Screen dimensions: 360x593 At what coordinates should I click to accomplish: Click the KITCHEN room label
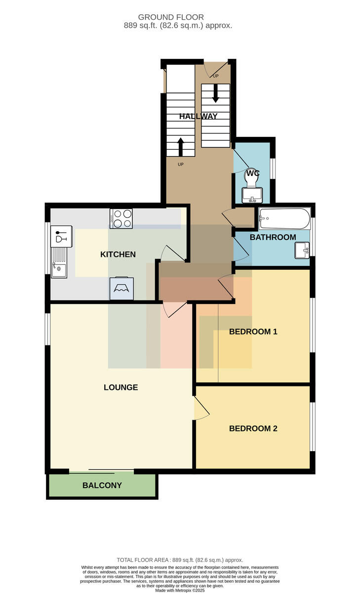point(118,254)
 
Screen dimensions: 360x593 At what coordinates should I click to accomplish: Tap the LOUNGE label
point(120,387)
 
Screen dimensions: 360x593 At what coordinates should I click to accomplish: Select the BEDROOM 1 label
point(253,332)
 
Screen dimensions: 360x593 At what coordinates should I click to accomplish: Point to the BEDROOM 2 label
point(253,428)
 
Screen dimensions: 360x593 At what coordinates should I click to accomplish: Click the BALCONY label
point(102,485)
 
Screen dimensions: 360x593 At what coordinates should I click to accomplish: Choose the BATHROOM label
point(273,237)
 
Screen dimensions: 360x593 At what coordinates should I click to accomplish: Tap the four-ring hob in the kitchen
point(121,218)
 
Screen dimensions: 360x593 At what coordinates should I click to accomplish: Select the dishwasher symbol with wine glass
point(61,236)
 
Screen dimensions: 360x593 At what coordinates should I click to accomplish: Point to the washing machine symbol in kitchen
point(121,288)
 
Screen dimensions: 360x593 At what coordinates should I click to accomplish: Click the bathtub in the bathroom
point(284,219)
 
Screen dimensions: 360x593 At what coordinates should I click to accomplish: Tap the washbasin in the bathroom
point(302,250)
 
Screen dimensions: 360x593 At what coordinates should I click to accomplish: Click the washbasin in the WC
point(252,195)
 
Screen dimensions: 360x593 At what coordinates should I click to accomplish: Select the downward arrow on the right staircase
point(216,93)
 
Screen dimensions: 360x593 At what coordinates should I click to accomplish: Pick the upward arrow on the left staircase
point(180,147)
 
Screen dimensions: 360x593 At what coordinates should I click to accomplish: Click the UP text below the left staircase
point(181,165)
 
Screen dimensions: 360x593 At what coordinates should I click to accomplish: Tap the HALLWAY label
point(199,116)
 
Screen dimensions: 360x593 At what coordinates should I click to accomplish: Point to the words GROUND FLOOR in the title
point(171,17)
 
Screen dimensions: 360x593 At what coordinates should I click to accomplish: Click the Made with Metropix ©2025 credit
point(180,591)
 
